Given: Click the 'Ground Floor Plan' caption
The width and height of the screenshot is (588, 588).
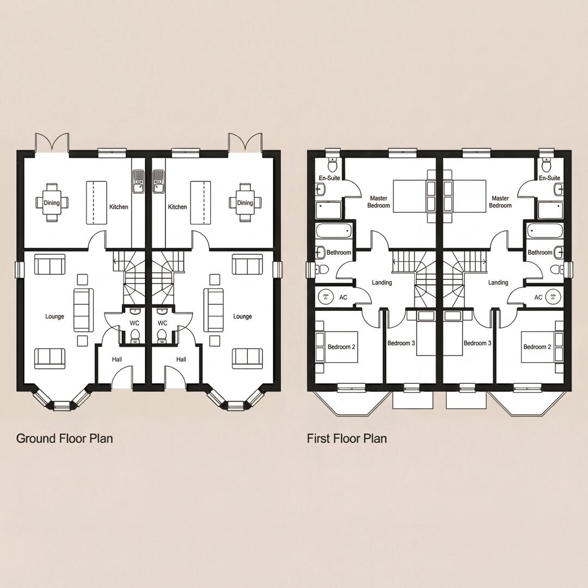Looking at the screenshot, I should (64, 438).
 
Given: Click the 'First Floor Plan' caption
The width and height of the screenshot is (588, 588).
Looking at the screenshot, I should (347, 438).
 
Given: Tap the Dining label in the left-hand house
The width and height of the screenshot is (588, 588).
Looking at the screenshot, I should (52, 203).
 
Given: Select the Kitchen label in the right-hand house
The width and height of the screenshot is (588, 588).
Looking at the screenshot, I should (177, 207).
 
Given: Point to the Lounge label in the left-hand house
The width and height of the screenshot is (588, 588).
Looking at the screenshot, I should (54, 316).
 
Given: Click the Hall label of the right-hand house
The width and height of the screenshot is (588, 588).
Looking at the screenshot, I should (181, 359).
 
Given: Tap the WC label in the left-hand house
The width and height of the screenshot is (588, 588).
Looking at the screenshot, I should (134, 323).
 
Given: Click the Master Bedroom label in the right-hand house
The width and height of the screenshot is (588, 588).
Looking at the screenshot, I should (500, 202).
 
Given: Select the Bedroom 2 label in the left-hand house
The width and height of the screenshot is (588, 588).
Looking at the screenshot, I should (341, 347).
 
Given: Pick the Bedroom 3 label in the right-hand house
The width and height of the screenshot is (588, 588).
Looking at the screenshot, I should (477, 343).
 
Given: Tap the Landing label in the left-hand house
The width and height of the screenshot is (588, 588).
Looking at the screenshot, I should (382, 283).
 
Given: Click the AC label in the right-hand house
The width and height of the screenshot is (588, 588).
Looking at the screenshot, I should (538, 297).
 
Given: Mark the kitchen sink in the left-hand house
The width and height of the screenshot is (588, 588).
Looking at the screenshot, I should (138, 181).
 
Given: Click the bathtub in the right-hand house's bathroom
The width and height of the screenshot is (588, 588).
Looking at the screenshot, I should (544, 231).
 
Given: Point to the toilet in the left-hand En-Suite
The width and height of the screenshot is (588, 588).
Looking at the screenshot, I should (333, 164).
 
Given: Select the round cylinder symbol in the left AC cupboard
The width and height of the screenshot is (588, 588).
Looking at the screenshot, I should (327, 297).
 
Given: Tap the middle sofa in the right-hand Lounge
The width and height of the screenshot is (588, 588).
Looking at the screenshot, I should (213, 310).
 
